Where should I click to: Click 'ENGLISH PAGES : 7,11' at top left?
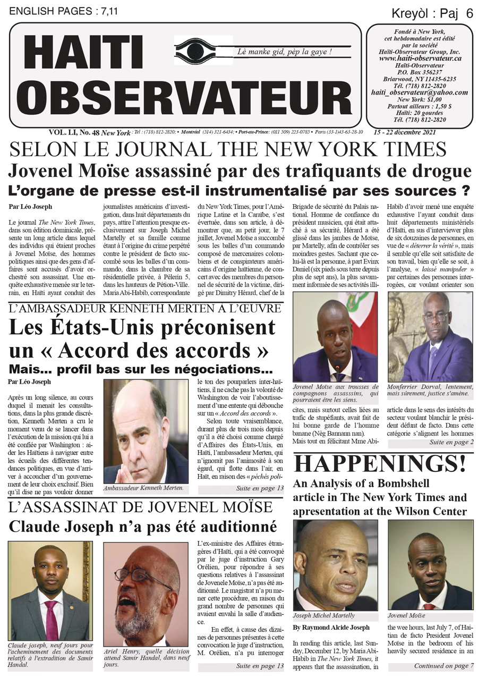click(x=57, y=11)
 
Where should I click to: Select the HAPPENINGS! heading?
click(x=380, y=463)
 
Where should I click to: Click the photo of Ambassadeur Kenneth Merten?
click(x=145, y=431)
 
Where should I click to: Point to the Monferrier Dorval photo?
click(x=430, y=336)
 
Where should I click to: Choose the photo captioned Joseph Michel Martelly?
click(x=335, y=565)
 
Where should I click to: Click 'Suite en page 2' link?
click(x=451, y=442)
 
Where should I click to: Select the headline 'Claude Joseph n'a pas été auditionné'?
click(x=143, y=527)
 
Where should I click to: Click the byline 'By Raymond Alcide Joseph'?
click(x=331, y=627)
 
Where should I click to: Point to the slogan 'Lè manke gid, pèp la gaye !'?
click(x=285, y=52)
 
